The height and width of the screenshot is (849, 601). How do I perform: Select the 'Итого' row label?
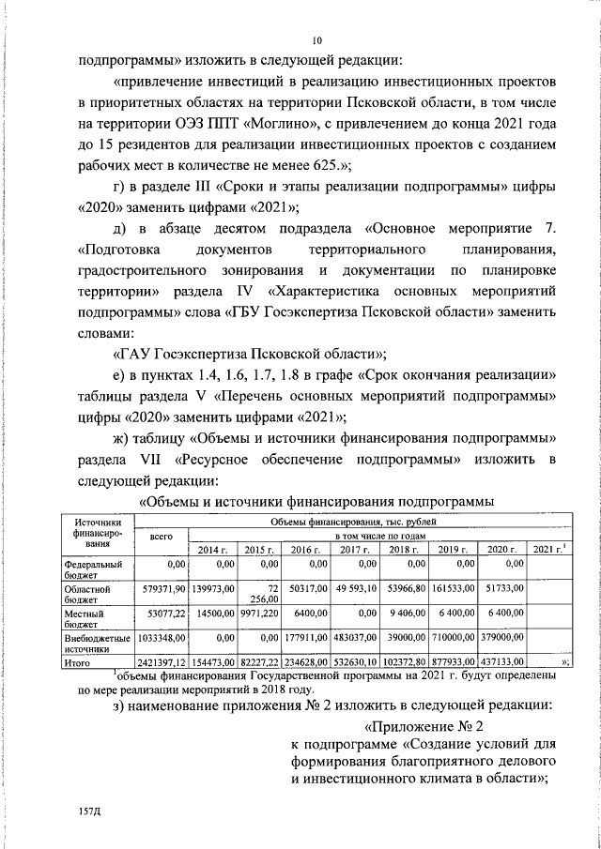tap(78, 662)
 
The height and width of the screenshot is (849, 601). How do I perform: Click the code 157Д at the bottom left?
tap(90, 806)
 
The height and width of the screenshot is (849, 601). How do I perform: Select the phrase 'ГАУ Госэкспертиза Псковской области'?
tap(249, 354)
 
